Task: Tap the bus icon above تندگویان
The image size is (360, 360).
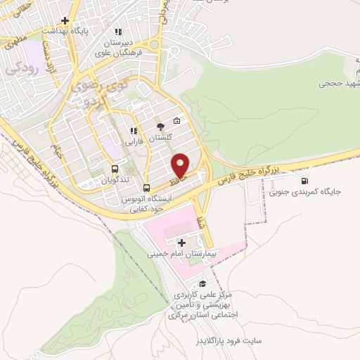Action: tap(115, 169)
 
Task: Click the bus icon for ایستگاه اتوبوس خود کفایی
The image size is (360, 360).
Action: tap(147, 188)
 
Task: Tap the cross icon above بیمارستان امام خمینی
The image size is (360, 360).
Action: tap(181, 242)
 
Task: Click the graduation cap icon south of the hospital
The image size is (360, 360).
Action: tap(204, 284)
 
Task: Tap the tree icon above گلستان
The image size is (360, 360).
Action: tap(160, 127)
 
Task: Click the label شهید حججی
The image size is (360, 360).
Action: tap(336, 84)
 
